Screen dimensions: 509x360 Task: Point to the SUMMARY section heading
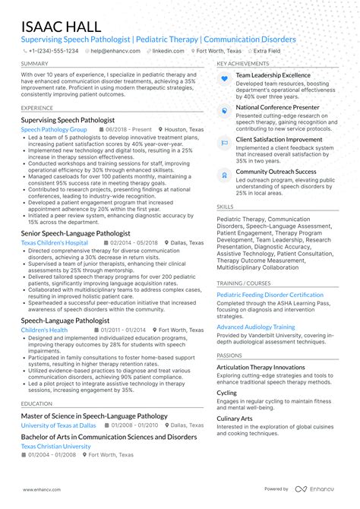coord(35,63)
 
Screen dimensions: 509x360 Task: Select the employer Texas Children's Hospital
coord(55,242)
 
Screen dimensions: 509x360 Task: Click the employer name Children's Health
coord(44,330)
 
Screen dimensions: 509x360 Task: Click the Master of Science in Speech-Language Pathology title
coord(94,416)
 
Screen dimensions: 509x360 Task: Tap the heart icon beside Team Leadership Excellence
coord(224,79)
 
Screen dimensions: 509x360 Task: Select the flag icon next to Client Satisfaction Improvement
coord(224,142)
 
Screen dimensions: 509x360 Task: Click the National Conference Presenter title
coord(277,108)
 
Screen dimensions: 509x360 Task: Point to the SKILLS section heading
coord(225,206)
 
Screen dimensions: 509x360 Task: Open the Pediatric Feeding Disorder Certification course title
coord(270,294)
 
